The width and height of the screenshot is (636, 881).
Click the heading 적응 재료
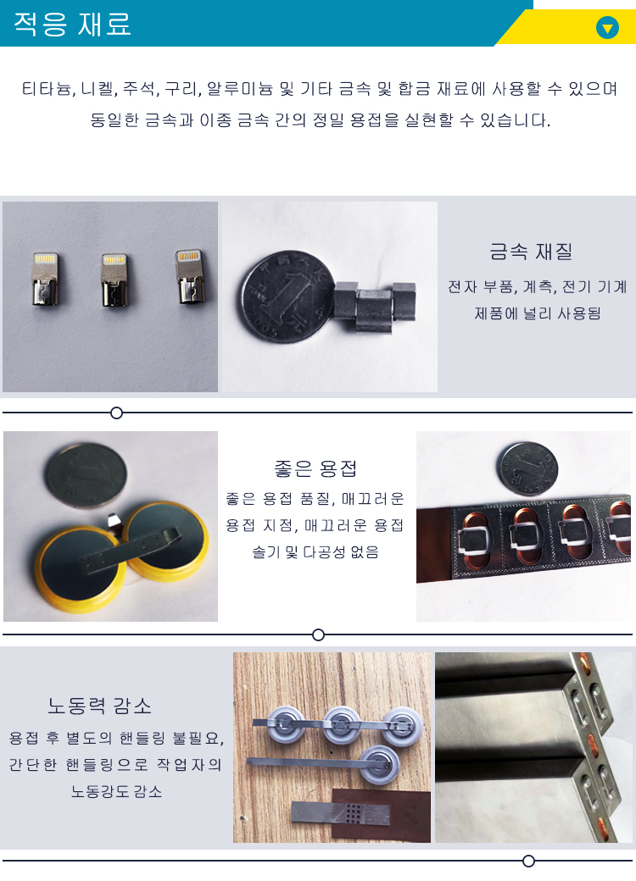[72, 24]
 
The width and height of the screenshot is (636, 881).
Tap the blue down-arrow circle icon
[607, 27]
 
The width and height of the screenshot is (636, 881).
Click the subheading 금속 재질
[531, 252]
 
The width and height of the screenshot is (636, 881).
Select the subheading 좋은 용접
[315, 468]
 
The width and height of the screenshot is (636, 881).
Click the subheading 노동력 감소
[100, 706]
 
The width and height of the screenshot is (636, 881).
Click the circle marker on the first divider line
[117, 413]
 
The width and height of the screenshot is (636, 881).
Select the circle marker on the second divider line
[319, 634]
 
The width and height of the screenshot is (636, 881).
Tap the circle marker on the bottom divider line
[528, 861]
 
